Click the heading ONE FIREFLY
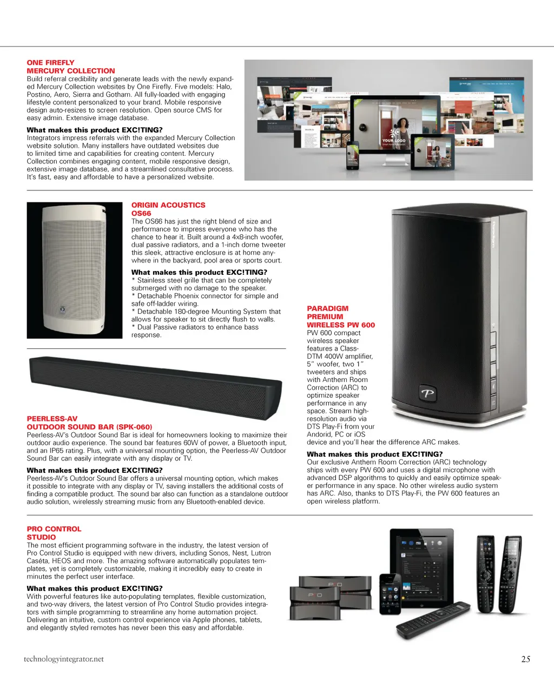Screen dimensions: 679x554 coord(50,63)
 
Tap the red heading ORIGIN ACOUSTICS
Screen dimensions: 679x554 coord(168,205)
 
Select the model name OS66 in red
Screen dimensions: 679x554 coord(141,213)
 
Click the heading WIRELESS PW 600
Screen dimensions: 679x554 coord(340,325)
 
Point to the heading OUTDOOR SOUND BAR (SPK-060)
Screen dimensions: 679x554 coord(89,427)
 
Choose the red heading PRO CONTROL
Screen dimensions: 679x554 coord(54,529)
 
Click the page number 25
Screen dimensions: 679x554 coord(525,659)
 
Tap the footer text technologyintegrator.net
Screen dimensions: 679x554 coord(63,659)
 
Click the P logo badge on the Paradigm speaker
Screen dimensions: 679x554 coord(427,393)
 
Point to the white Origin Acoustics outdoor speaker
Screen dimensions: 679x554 coord(75,270)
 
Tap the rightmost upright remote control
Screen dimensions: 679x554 coord(511,573)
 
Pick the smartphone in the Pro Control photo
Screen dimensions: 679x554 coord(390,594)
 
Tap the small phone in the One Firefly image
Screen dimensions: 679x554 coord(353,156)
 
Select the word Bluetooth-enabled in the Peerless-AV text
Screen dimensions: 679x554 coord(209,502)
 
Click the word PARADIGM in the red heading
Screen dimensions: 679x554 coord(327,308)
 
